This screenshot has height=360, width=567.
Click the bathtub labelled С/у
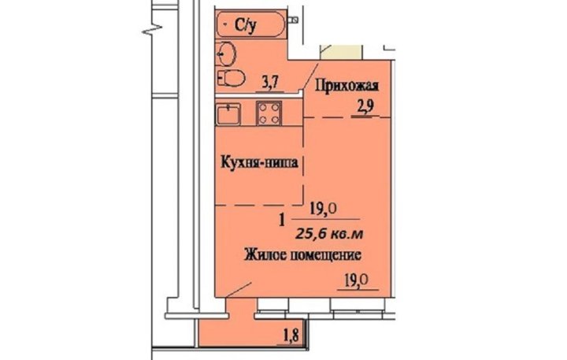[251, 24]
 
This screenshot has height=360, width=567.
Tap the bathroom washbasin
[226, 54]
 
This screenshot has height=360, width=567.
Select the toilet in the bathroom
[231, 78]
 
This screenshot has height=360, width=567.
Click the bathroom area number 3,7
[270, 84]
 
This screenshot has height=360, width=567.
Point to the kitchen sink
[228, 113]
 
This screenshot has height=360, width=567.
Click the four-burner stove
[269, 113]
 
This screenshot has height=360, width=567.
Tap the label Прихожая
[347, 87]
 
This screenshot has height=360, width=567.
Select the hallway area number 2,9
[365, 107]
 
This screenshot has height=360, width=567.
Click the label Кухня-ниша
[260, 162]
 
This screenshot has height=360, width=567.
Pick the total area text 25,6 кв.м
[329, 234]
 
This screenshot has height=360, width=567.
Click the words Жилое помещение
[302, 254]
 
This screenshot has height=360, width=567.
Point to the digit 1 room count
[282, 220]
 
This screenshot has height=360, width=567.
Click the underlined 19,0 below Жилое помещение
[356, 280]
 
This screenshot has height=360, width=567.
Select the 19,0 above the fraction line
[324, 209]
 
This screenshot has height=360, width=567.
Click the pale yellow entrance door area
[341, 52]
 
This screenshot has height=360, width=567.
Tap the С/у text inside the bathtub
[246, 24]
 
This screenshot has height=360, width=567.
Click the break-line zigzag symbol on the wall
[151, 29]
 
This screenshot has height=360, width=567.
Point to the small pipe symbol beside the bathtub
[294, 20]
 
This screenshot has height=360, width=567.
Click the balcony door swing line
[238, 290]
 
